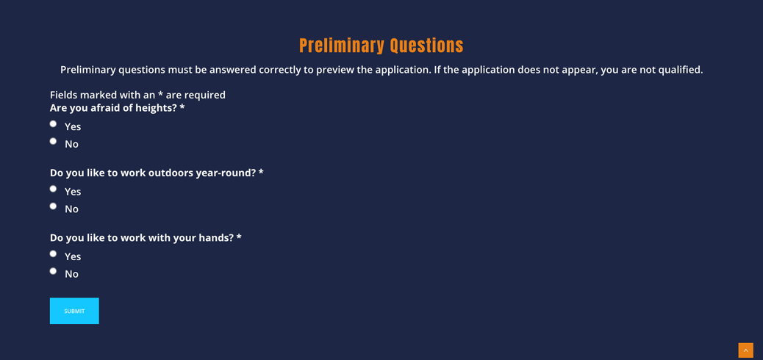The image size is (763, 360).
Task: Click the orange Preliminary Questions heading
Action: coord(381,46)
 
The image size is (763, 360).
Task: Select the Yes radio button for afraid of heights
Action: coord(53,123)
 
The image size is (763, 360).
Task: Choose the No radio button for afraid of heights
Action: coord(53,141)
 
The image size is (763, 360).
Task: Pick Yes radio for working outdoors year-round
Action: coord(53,189)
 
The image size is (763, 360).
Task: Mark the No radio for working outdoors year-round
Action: coord(53,206)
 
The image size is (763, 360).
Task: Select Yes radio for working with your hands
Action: coord(53,254)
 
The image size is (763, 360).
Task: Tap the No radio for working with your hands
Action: coord(53,271)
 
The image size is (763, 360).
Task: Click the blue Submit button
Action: coord(74,311)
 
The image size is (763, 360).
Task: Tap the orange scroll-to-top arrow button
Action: coord(745,350)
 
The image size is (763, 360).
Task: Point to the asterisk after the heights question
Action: coord(182,107)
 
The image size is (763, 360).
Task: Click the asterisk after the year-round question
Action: coord(261,172)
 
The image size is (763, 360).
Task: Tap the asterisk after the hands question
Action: coord(239,237)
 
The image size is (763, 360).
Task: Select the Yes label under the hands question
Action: coord(73,256)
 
